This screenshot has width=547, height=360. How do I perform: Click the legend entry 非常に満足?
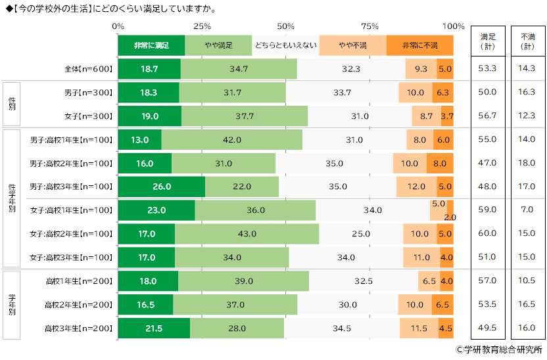tap(151, 45)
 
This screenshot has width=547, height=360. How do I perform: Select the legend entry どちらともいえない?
tap(285, 45)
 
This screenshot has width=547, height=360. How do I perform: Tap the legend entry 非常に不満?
tap(419, 45)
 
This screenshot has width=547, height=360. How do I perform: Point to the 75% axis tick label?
tap(370, 26)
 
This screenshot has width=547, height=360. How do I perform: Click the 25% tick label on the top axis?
tap(202, 26)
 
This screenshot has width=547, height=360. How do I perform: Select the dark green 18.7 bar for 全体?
tap(149, 68)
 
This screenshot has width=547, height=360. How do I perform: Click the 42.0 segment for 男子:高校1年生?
tap(231, 140)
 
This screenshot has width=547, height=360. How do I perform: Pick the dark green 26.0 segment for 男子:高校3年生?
tap(161, 187)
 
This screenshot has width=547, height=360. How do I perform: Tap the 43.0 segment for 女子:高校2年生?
tap(247, 234)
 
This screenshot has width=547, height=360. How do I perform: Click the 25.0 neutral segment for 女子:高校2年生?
tap(360, 234)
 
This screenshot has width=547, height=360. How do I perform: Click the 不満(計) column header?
tap(528, 41)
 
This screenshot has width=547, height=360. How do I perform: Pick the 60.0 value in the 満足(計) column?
tap(487, 234)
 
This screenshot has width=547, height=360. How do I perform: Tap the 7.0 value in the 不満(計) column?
tap(528, 210)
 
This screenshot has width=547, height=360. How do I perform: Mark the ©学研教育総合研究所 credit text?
tap(499, 350)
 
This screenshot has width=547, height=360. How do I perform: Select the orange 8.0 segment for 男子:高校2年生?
tap(440, 164)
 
